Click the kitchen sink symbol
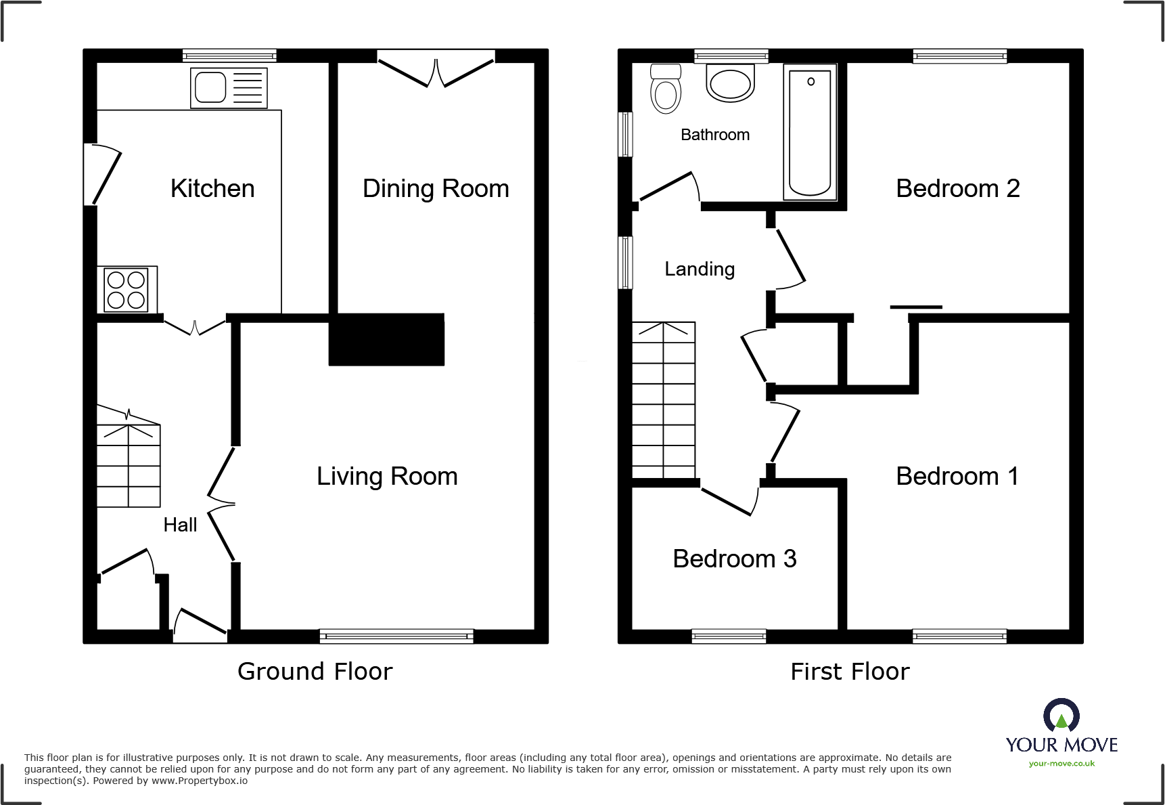point(229,88)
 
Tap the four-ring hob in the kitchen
point(127,290)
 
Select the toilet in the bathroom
point(666,89)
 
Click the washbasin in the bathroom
point(730,83)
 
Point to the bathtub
point(810,132)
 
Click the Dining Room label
point(436,188)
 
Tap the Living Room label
point(387,476)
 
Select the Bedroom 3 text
point(734,559)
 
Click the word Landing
point(699,269)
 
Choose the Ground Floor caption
point(315,671)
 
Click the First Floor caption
point(850,671)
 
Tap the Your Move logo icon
point(1061,715)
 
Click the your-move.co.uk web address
point(1061,764)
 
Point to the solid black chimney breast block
point(386,339)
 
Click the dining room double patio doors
point(436,70)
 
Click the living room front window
point(396,635)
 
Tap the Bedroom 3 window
point(729,635)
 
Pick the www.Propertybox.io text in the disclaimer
point(200,781)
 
